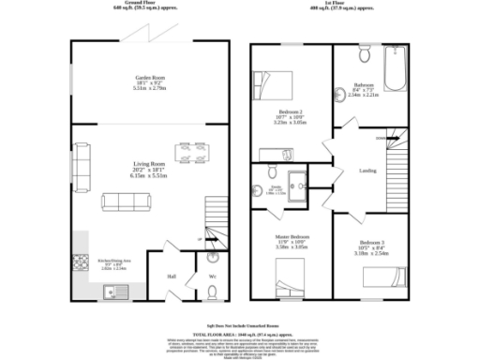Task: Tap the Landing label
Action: tap(368, 171)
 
